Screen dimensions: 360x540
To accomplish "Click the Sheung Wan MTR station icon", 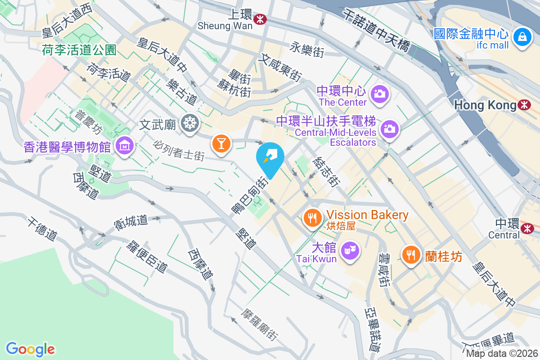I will [x=260, y=19].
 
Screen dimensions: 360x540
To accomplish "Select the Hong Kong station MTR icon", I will [x=524, y=105].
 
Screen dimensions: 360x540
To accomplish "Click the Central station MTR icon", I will [x=526, y=229].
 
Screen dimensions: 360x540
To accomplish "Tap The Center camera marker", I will [x=379, y=93].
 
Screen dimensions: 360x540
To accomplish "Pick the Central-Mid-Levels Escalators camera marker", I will [x=389, y=129].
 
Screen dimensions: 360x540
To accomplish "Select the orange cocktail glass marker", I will [x=221, y=143].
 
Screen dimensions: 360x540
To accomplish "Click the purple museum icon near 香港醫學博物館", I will [x=123, y=145].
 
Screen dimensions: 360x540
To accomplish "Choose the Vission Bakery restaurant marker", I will [x=311, y=218].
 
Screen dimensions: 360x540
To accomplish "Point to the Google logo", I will [x=30, y=349].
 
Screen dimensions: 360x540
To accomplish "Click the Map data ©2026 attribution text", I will [x=501, y=353].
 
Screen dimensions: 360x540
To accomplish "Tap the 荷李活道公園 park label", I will [x=80, y=49].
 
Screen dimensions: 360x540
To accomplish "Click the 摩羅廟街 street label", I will [x=260, y=324].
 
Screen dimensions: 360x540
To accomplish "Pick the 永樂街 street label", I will [x=307, y=49].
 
